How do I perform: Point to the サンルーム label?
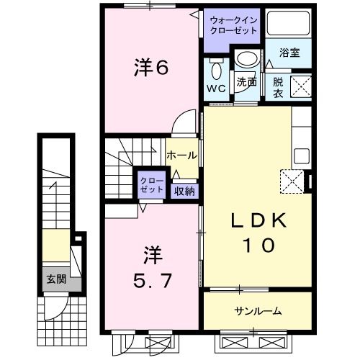point(257,311)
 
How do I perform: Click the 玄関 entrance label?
point(55,278)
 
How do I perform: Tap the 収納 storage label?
point(184,191)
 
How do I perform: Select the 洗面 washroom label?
point(247,83)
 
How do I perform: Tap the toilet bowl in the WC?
point(216,71)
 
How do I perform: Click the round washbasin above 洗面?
point(247,60)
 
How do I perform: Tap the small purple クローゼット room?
point(152,184)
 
